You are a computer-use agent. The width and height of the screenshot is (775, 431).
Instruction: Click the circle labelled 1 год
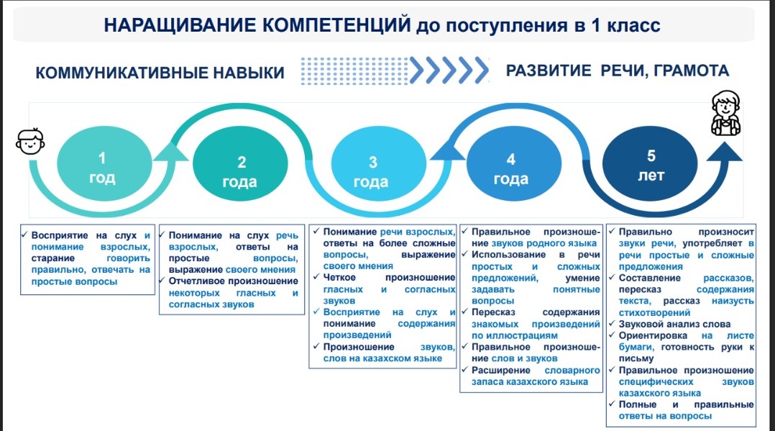104,164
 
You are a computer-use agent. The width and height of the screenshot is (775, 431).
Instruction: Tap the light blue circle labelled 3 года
378,164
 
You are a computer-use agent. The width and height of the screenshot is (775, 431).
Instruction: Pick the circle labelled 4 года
514,164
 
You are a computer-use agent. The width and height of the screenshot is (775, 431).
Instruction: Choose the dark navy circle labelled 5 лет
650,164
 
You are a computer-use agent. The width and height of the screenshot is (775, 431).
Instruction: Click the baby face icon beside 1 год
30,142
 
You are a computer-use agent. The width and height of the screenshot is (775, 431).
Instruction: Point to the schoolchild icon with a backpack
725,113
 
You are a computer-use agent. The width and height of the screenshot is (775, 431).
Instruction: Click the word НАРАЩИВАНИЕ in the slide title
180,24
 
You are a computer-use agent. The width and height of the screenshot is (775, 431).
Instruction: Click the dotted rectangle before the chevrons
354,71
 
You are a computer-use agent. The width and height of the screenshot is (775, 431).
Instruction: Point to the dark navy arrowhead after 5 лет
725,151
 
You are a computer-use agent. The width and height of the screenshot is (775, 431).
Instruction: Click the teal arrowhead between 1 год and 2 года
170,151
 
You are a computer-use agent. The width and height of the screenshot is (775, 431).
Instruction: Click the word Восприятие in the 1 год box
60,235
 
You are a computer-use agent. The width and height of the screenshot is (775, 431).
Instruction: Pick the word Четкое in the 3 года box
339,278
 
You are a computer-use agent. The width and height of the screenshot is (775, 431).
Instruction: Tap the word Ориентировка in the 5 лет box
653,335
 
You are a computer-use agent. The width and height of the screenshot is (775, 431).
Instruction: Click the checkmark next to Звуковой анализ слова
612,324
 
